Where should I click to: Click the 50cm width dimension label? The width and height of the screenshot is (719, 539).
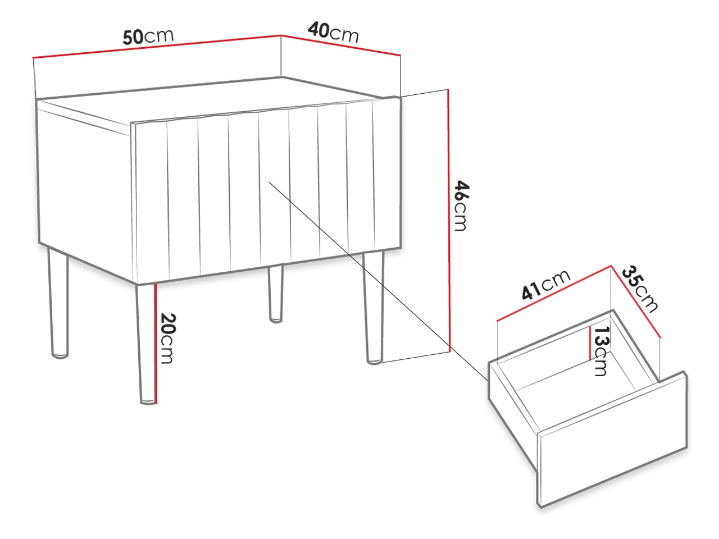[148, 36]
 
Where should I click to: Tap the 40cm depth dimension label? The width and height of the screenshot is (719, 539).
[333, 33]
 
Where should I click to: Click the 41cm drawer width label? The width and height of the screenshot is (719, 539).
[546, 285]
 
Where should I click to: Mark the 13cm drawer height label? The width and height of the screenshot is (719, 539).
[602, 351]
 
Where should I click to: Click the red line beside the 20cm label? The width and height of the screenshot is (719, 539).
[156, 344]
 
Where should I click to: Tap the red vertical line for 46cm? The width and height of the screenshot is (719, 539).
[448, 220]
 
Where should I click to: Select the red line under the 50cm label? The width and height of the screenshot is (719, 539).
[157, 47]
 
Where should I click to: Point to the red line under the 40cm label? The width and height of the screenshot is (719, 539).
[340, 45]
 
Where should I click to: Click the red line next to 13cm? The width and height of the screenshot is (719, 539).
[590, 343]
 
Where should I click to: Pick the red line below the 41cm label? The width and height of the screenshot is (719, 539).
[554, 293]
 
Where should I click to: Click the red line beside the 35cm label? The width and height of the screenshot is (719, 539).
[635, 301]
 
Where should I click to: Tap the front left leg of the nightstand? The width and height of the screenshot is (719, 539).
[145, 344]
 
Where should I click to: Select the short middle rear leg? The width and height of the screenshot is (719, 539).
[275, 294]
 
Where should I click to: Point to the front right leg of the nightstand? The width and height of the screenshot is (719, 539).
[373, 308]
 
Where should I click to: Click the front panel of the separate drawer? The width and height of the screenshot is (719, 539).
[612, 440]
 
